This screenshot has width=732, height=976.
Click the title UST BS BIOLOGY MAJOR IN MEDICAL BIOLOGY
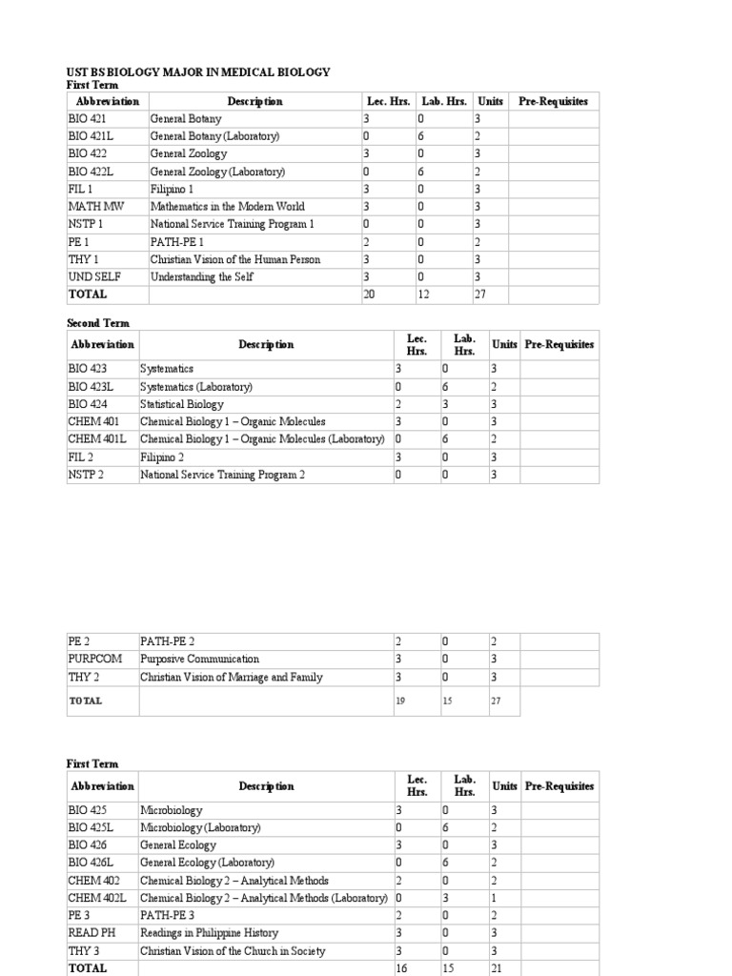198,71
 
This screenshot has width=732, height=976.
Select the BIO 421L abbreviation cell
91,136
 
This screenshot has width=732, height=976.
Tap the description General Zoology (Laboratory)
217,172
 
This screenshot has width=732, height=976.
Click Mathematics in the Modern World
227,207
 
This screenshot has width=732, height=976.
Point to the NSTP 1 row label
86,224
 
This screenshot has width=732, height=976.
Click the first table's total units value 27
480,295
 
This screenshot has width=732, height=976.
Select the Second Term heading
97,324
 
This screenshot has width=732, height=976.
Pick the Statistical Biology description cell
182,404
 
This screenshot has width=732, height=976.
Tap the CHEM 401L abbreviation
96,439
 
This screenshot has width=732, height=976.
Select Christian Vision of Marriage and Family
232,678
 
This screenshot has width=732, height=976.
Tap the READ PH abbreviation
92,933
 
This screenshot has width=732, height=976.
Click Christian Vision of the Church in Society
233,951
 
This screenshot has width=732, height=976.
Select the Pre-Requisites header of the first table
553,102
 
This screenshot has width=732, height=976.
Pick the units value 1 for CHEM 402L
494,899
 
